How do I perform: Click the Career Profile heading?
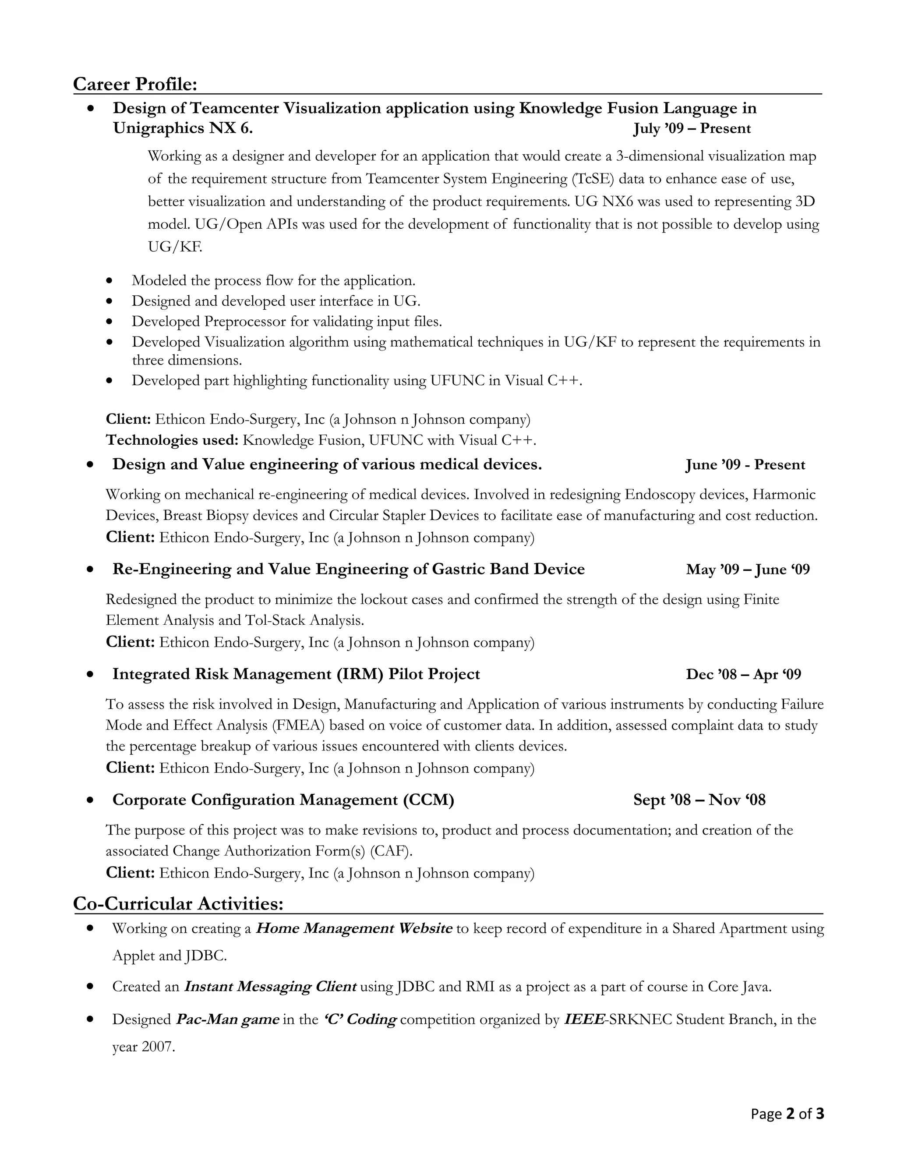[135, 84]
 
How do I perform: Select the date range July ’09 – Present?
[692, 129]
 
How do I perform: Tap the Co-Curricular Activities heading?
[178, 903]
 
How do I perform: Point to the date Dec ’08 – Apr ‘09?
[743, 674]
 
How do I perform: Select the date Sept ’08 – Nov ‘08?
[699, 800]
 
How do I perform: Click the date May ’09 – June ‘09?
[748, 570]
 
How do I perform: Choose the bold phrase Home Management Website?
[354, 928]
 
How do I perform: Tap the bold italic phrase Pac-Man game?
[227, 1019]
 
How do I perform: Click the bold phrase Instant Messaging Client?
[270, 987]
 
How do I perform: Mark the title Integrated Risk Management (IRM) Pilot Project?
[296, 674]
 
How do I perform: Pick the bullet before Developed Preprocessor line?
[109, 322]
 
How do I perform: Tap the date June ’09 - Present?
[745, 464]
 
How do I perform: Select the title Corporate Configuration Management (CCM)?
[283, 800]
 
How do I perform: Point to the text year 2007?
[144, 1047]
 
